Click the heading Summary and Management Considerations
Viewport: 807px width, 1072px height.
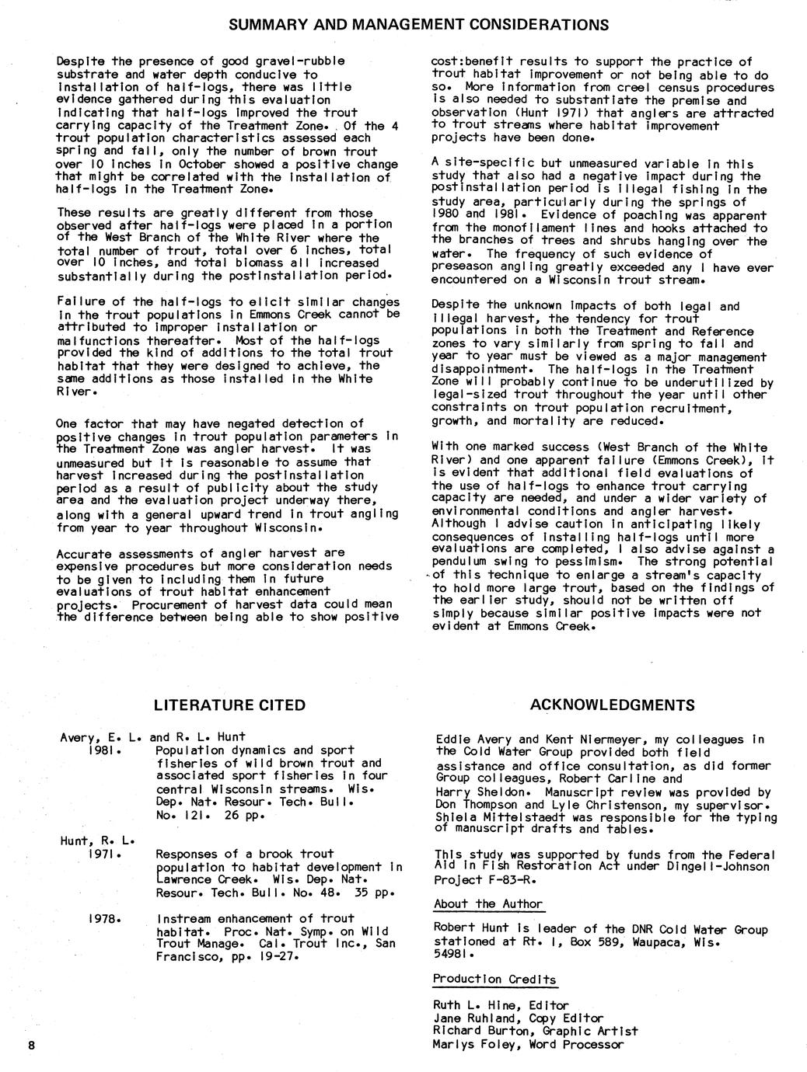pyautogui.click(x=418, y=25)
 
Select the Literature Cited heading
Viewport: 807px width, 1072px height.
pyautogui.click(x=229, y=705)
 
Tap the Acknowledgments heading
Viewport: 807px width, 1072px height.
pyautogui.click(x=612, y=705)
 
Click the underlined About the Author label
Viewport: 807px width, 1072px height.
pyautogui.click(x=487, y=904)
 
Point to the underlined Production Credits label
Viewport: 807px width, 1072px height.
pyautogui.click(x=494, y=980)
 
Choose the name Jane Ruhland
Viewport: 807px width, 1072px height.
pyautogui.click(x=470, y=1018)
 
